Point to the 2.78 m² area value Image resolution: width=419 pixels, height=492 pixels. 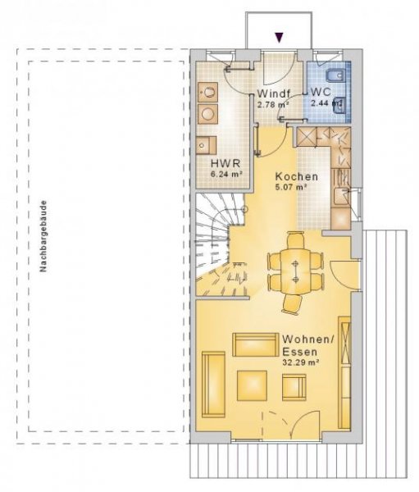tap(273, 105)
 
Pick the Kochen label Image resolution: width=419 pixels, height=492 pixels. tap(296, 177)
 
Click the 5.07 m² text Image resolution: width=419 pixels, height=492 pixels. tap(292, 187)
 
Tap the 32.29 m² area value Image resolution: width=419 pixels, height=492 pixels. tap(301, 362)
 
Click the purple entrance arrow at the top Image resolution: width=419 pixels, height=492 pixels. tap(280, 36)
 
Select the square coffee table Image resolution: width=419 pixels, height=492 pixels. tap(253, 383)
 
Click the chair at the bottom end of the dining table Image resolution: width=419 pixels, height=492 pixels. tap(294, 304)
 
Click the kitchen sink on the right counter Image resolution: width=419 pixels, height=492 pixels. tap(344, 196)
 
